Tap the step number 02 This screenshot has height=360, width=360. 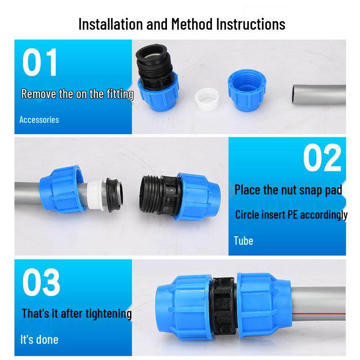(322, 157)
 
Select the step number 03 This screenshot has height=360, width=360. (41, 282)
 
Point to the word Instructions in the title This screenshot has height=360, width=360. (251, 23)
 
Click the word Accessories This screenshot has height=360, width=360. (39, 120)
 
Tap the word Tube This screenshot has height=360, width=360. (243, 241)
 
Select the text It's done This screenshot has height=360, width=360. (40, 339)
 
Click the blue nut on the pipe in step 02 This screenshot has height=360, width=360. (62, 188)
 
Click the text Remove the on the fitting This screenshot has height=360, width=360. (77, 94)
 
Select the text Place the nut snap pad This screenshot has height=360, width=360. (288, 189)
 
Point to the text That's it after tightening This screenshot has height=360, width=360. (76, 313)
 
